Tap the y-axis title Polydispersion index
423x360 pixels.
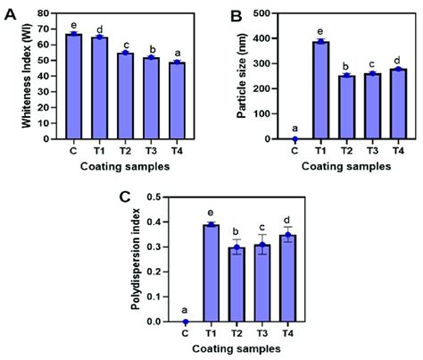coord(146,259)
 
